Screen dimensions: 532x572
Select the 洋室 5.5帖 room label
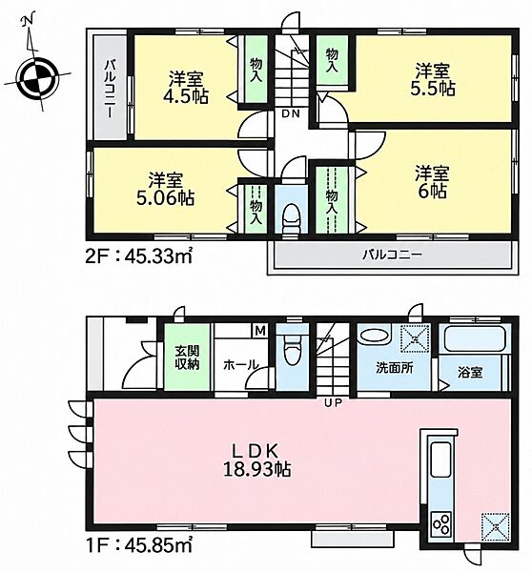(433, 79)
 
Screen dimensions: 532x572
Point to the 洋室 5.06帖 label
(166, 189)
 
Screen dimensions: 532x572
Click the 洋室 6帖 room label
(433, 182)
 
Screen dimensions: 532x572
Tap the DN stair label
(291, 113)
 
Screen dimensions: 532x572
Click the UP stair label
(334, 402)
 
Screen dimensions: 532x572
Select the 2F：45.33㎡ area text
(138, 257)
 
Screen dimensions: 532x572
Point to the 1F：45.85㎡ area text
(138, 545)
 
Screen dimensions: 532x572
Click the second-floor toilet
(291, 217)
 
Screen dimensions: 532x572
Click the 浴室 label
(470, 372)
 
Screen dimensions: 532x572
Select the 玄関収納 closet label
(187, 357)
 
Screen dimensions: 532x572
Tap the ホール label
(240, 364)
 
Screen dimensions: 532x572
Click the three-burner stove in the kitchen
(441, 523)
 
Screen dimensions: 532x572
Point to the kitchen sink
(441, 460)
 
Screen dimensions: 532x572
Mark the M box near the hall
(260, 331)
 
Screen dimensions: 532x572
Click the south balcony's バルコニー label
(392, 255)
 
